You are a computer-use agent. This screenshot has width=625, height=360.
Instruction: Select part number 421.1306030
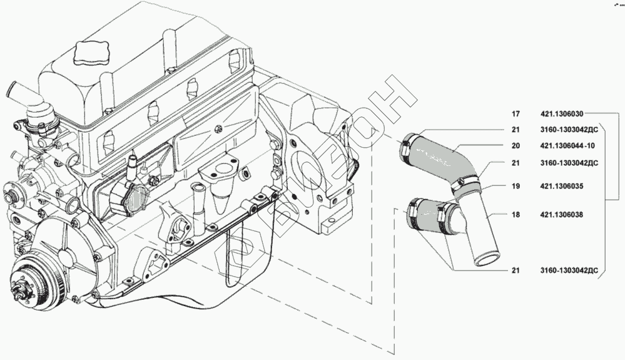[562, 115]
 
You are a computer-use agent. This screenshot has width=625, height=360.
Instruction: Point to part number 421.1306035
[562, 186]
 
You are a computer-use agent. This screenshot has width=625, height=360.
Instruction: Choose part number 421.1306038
[562, 214]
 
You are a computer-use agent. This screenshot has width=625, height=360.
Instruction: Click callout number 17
[516, 115]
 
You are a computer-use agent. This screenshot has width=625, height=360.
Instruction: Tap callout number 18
[516, 214]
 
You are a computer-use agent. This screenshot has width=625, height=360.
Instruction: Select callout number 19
[516, 186]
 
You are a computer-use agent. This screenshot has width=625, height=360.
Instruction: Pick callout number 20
[516, 146]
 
